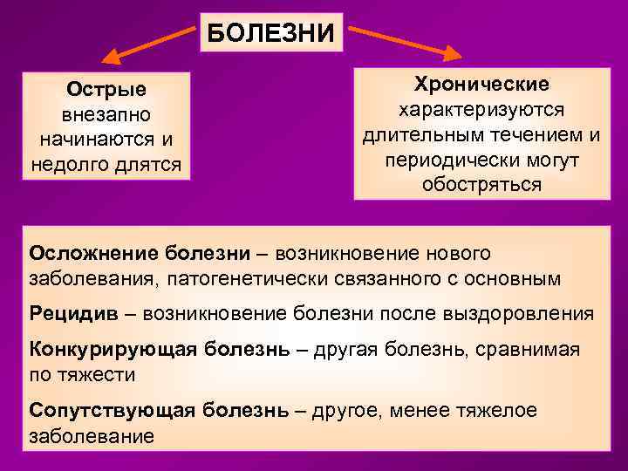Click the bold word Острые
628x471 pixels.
pos(106,90)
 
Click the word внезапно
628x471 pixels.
pos(106,115)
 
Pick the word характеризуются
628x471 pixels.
pos(481,110)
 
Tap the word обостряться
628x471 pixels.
pos(481,185)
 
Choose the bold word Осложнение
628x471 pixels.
pos(92,253)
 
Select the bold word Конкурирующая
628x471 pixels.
pos(113,349)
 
